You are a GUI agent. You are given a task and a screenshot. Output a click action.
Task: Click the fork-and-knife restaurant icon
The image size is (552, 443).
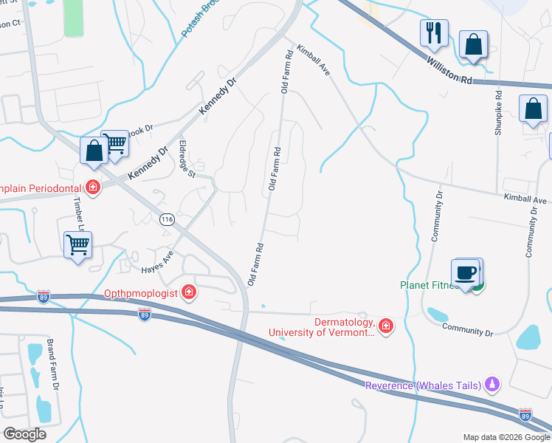click(432, 33)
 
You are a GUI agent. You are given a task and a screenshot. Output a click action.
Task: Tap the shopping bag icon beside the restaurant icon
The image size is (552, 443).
click(472, 45)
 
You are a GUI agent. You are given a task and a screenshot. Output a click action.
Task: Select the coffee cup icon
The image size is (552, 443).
click(465, 273)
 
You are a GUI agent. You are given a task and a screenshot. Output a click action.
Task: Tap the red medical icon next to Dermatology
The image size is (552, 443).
click(385, 326)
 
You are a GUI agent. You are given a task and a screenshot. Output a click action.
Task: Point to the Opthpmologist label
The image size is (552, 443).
click(140, 293)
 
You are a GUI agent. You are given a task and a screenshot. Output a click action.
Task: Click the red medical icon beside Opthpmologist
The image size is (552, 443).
click(189, 293)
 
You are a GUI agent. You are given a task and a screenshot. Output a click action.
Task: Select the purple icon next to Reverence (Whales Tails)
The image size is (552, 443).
click(493, 384)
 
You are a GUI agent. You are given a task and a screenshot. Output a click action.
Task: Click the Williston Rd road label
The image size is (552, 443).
click(448, 69)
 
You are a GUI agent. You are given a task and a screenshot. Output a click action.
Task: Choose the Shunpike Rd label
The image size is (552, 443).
click(499, 112)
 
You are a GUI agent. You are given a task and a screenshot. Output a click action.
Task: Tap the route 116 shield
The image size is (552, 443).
click(167, 219)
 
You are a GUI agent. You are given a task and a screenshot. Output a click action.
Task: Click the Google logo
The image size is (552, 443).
click(24, 433)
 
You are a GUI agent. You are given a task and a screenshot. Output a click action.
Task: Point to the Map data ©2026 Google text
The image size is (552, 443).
click(505, 437)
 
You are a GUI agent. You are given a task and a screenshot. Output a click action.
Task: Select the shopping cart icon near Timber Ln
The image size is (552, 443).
click(78, 244)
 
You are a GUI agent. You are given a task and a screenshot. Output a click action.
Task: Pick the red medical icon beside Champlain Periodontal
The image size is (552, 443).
click(93, 187)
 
